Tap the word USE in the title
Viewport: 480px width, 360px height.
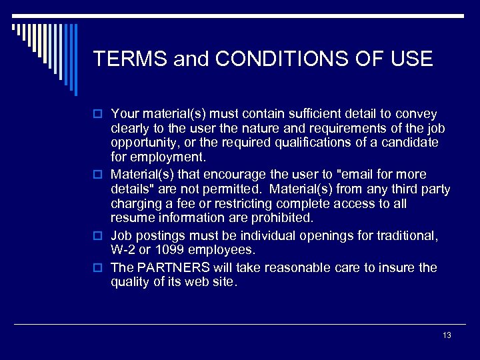412,59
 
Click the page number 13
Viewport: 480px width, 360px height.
447,335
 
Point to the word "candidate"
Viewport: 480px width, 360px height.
411,143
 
